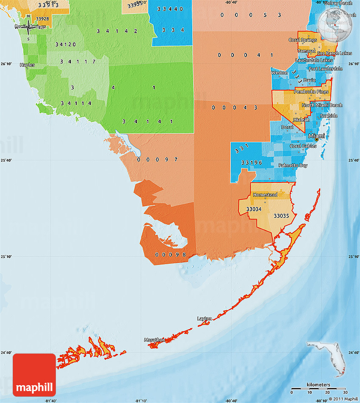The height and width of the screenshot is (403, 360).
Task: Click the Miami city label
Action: click(x=317, y=136)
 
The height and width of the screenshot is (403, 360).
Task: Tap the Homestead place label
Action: click(x=265, y=195)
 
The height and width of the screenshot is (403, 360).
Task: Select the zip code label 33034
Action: click(x=254, y=209)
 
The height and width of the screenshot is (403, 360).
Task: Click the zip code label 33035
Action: click(x=281, y=216)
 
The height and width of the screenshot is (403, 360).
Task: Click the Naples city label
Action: click(x=28, y=65)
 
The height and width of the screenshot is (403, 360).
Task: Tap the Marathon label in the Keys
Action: click(x=154, y=340)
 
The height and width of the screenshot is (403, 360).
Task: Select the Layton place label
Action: click(x=205, y=318)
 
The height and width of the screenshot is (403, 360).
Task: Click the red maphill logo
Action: click(x=34, y=375)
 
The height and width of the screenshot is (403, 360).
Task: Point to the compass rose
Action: click(x=28, y=27)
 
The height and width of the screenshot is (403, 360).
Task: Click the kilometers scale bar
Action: click(x=318, y=389)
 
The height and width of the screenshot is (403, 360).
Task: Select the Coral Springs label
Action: click(x=302, y=40)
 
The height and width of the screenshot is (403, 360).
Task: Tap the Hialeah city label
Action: click(x=301, y=120)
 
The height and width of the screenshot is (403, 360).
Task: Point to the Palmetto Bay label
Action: click(x=293, y=165)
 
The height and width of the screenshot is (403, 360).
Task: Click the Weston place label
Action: click(x=279, y=73)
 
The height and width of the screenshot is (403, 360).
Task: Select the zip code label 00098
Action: click(x=171, y=254)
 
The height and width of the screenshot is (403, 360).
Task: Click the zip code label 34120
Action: click(x=66, y=44)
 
